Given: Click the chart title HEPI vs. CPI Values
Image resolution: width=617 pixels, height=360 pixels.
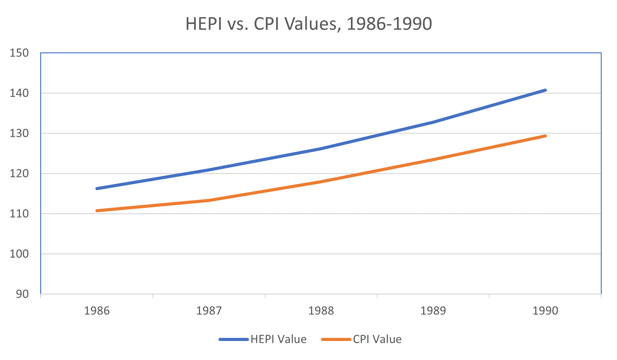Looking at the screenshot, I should tap(308, 24).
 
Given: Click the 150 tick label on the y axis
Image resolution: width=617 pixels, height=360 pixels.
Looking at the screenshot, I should tap(19, 53).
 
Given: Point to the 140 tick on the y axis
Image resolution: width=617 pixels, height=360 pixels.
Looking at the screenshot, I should tap(19, 93).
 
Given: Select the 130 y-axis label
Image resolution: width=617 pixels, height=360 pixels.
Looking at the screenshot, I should tap(19, 133).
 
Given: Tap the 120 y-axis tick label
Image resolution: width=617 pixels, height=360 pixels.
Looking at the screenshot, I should tap(19, 174).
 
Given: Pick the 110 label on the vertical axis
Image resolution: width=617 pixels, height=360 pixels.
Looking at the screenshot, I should tap(19, 214).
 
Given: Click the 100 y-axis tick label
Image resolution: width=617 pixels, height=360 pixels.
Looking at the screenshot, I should tap(19, 254).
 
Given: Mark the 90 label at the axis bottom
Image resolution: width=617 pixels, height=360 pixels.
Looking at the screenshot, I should tap(22, 294).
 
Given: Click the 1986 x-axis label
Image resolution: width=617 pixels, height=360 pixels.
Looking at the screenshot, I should tap(97, 311).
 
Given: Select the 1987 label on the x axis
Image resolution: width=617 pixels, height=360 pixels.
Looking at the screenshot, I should tap(209, 311).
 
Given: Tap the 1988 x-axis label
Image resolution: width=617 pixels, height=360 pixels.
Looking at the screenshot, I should tap(321, 311).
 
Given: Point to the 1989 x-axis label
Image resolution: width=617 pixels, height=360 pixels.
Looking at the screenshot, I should tap(433, 311).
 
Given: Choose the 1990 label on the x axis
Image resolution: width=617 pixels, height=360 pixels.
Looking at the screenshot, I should tap(545, 311).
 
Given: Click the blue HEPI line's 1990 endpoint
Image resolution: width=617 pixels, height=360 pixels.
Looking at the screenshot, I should tap(545, 90).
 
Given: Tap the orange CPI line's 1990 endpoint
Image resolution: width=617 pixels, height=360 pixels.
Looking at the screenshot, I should tap(545, 136).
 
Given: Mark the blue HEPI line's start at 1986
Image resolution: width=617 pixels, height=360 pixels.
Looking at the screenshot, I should tap(97, 189).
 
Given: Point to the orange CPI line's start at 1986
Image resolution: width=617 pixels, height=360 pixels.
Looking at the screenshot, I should tap(97, 211).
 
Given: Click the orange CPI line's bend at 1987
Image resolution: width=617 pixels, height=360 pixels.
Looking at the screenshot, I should tap(209, 200).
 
